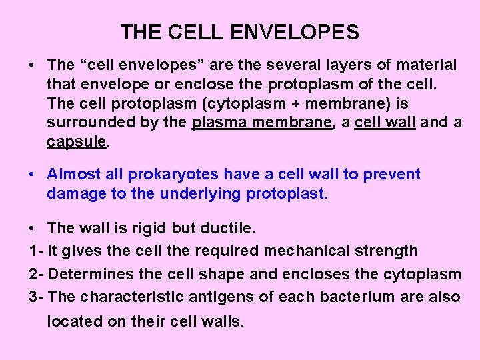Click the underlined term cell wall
tap(385, 123)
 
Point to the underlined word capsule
tap(75, 143)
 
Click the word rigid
tap(148, 228)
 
